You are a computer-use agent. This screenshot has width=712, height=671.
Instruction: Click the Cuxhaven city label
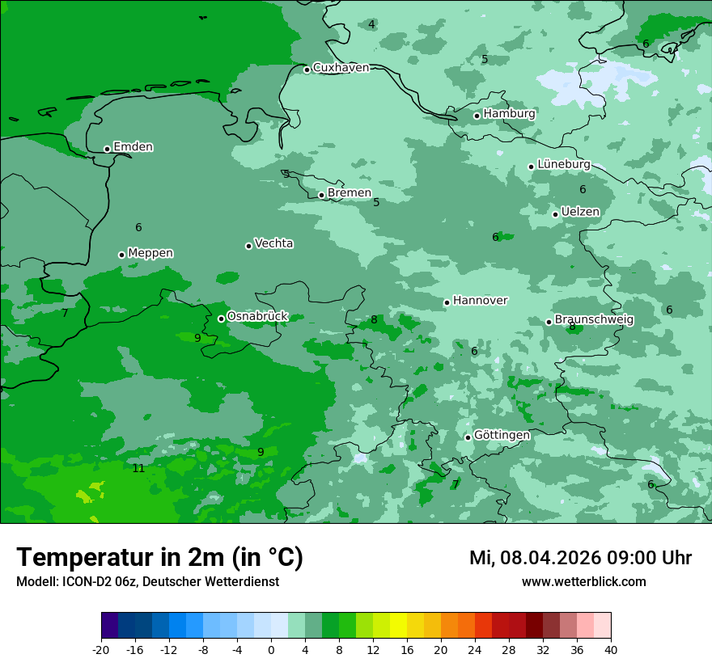(341, 68)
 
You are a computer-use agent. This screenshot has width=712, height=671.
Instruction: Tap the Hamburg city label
(509, 114)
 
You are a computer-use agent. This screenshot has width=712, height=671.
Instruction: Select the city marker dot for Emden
(107, 149)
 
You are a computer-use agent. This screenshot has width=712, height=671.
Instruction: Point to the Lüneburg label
(563, 164)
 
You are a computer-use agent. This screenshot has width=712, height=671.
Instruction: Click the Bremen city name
(350, 193)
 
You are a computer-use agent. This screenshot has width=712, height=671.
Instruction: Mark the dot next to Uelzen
(555, 214)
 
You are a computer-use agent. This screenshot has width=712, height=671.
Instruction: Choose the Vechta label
(273, 243)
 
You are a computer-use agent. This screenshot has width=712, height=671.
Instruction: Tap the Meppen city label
(150, 253)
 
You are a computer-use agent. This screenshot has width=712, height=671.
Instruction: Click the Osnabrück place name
(257, 316)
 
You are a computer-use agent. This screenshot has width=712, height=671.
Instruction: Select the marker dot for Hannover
(447, 302)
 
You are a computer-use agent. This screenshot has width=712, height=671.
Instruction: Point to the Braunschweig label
(594, 319)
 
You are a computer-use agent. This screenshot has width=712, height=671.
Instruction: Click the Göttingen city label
(502, 435)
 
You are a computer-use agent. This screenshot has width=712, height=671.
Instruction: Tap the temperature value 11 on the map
(138, 468)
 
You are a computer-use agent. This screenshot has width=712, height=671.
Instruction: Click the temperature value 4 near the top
(371, 24)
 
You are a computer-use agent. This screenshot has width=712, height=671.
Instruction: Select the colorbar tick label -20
(101, 649)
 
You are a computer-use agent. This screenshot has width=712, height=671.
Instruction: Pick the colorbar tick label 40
(611, 649)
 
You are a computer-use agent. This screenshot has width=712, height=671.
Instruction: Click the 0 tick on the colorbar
(271, 649)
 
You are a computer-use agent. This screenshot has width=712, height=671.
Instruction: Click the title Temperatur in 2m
(159, 558)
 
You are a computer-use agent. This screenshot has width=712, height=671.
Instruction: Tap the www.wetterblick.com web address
(583, 581)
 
